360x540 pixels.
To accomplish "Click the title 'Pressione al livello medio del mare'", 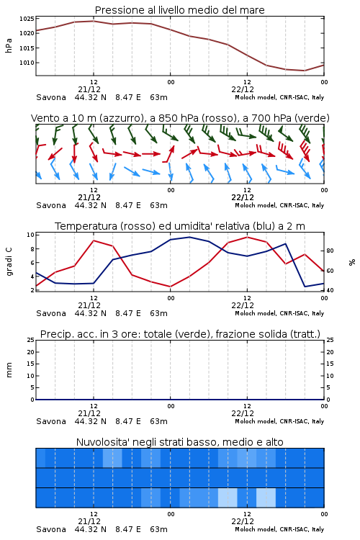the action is [x=179, y=10].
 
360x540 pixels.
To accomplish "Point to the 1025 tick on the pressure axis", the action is [x=27, y=19].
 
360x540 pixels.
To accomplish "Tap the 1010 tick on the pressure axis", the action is [x=27, y=63].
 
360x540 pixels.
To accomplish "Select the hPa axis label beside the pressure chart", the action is [x=9, y=45].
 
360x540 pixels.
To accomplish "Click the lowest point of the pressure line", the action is [x=305, y=71].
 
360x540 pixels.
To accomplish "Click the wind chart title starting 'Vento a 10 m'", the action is [x=180, y=118].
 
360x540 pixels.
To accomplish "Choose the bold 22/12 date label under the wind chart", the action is [x=243, y=197].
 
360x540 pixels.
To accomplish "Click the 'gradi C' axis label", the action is [x=9, y=261].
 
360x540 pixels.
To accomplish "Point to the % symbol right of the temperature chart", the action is [x=352, y=262].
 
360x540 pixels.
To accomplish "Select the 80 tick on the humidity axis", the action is [x=330, y=251].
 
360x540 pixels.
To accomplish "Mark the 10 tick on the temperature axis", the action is [x=30, y=235].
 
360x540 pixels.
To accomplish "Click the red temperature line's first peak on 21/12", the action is [x=94, y=240].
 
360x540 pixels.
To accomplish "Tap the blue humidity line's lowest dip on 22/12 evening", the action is [x=305, y=287].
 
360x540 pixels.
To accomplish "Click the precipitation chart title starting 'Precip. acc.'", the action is [x=180, y=334].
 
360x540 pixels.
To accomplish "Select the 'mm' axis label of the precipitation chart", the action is [x=9, y=370].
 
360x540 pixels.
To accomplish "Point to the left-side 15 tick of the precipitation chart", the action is [x=30, y=364].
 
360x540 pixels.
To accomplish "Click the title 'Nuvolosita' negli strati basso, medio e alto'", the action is [x=180, y=442].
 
